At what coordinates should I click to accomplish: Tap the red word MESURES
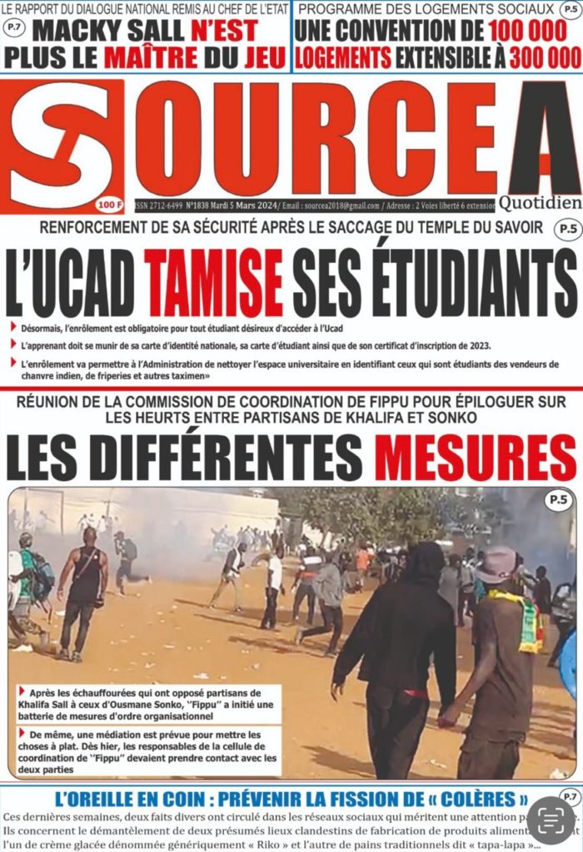475,458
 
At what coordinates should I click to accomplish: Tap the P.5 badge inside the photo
556,500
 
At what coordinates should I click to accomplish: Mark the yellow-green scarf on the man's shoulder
524,620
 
